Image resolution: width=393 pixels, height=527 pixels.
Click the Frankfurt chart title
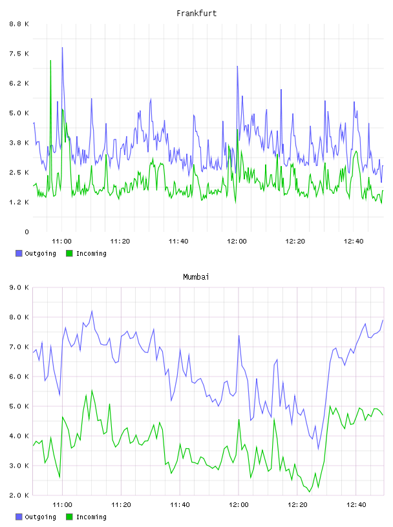(x=197, y=13)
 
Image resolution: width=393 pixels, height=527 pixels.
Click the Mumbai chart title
(x=196, y=276)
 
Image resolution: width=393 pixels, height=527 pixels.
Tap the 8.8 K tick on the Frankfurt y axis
(x=19, y=24)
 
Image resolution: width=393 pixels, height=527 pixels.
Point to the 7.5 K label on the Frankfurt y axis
(x=19, y=54)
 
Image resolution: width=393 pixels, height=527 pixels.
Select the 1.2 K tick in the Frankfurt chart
(x=19, y=202)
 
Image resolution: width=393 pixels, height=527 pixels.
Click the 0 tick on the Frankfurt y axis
(x=27, y=232)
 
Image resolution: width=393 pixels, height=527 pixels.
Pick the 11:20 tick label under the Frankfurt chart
(x=120, y=241)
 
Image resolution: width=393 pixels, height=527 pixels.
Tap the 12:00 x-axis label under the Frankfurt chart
(x=237, y=241)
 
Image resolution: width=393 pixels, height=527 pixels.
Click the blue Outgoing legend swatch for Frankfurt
(x=19, y=253)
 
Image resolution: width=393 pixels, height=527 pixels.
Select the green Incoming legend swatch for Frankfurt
(x=69, y=253)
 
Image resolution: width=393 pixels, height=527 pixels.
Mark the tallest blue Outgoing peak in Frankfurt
(x=62, y=48)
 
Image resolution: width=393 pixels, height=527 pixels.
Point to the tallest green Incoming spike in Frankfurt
(x=50, y=61)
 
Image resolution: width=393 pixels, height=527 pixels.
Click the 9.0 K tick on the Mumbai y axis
(x=19, y=287)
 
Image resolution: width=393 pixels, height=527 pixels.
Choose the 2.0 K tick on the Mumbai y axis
(x=19, y=495)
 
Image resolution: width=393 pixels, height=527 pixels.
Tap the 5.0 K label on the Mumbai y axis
(x=19, y=406)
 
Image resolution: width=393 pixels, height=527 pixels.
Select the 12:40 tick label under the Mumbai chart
(x=356, y=504)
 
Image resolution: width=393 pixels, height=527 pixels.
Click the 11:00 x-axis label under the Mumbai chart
(x=62, y=504)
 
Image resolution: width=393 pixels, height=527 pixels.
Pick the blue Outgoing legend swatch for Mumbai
(x=19, y=517)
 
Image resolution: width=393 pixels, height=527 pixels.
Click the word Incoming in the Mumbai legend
(x=91, y=517)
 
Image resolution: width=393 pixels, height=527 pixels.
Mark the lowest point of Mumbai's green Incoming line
(x=310, y=491)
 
